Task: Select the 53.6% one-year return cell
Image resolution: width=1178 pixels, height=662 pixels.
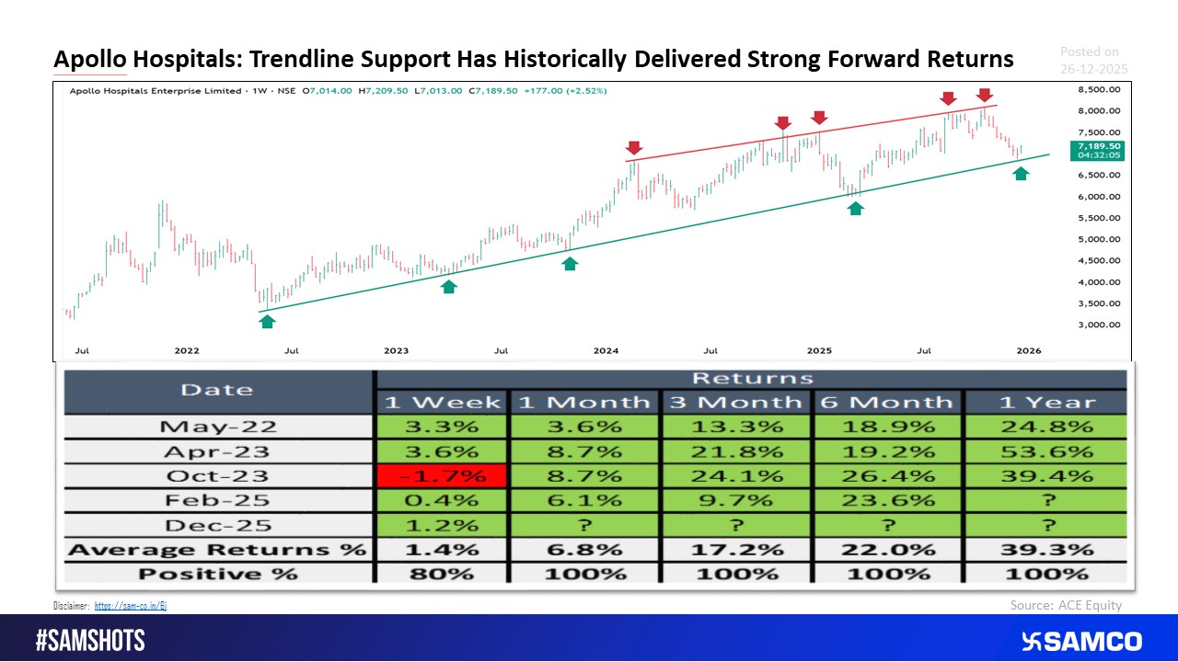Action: click(x=1045, y=451)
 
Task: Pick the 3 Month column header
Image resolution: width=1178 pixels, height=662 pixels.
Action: click(x=736, y=402)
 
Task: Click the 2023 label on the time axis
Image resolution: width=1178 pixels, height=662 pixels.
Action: click(x=396, y=350)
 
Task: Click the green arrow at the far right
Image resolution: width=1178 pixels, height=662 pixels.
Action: click(x=1021, y=173)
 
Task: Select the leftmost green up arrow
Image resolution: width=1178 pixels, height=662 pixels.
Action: click(x=267, y=320)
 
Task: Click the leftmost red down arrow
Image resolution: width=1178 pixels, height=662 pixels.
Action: click(x=633, y=148)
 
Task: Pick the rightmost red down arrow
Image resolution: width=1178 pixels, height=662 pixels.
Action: click(x=984, y=95)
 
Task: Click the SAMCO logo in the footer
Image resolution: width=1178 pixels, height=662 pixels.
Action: click(x=1081, y=641)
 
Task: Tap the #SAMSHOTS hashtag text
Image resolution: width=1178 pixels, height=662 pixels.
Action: click(x=90, y=641)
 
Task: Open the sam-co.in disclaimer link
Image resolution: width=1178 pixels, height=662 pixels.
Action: click(x=130, y=606)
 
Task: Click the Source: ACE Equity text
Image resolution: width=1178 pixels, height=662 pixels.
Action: click(x=1066, y=605)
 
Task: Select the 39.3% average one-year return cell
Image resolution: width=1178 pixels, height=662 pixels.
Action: click(x=1045, y=550)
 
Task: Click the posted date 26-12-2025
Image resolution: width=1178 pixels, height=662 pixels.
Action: click(x=1093, y=69)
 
